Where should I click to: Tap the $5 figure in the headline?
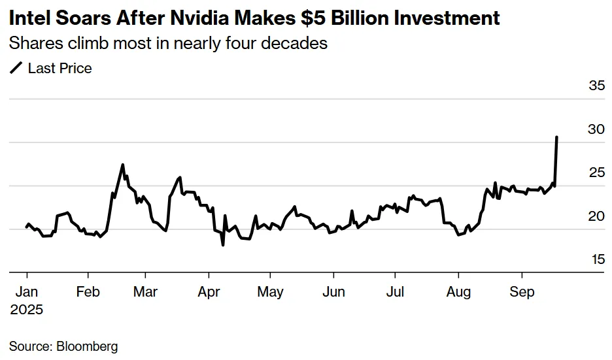coord(314,18)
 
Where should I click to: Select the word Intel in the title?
coord(28,18)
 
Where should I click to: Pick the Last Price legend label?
coord(59,68)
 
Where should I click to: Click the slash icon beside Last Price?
coord(16,68)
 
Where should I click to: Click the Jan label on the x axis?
coord(26,291)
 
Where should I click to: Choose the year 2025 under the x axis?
coord(26,309)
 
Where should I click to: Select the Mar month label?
coord(146,291)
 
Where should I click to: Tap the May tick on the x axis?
coord(270,291)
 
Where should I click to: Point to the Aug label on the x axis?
coord(458,291)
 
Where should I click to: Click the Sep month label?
coord(522,291)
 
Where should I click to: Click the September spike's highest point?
coord(556,137)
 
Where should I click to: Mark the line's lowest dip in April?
coord(223,245)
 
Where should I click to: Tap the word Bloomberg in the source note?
coord(86,346)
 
